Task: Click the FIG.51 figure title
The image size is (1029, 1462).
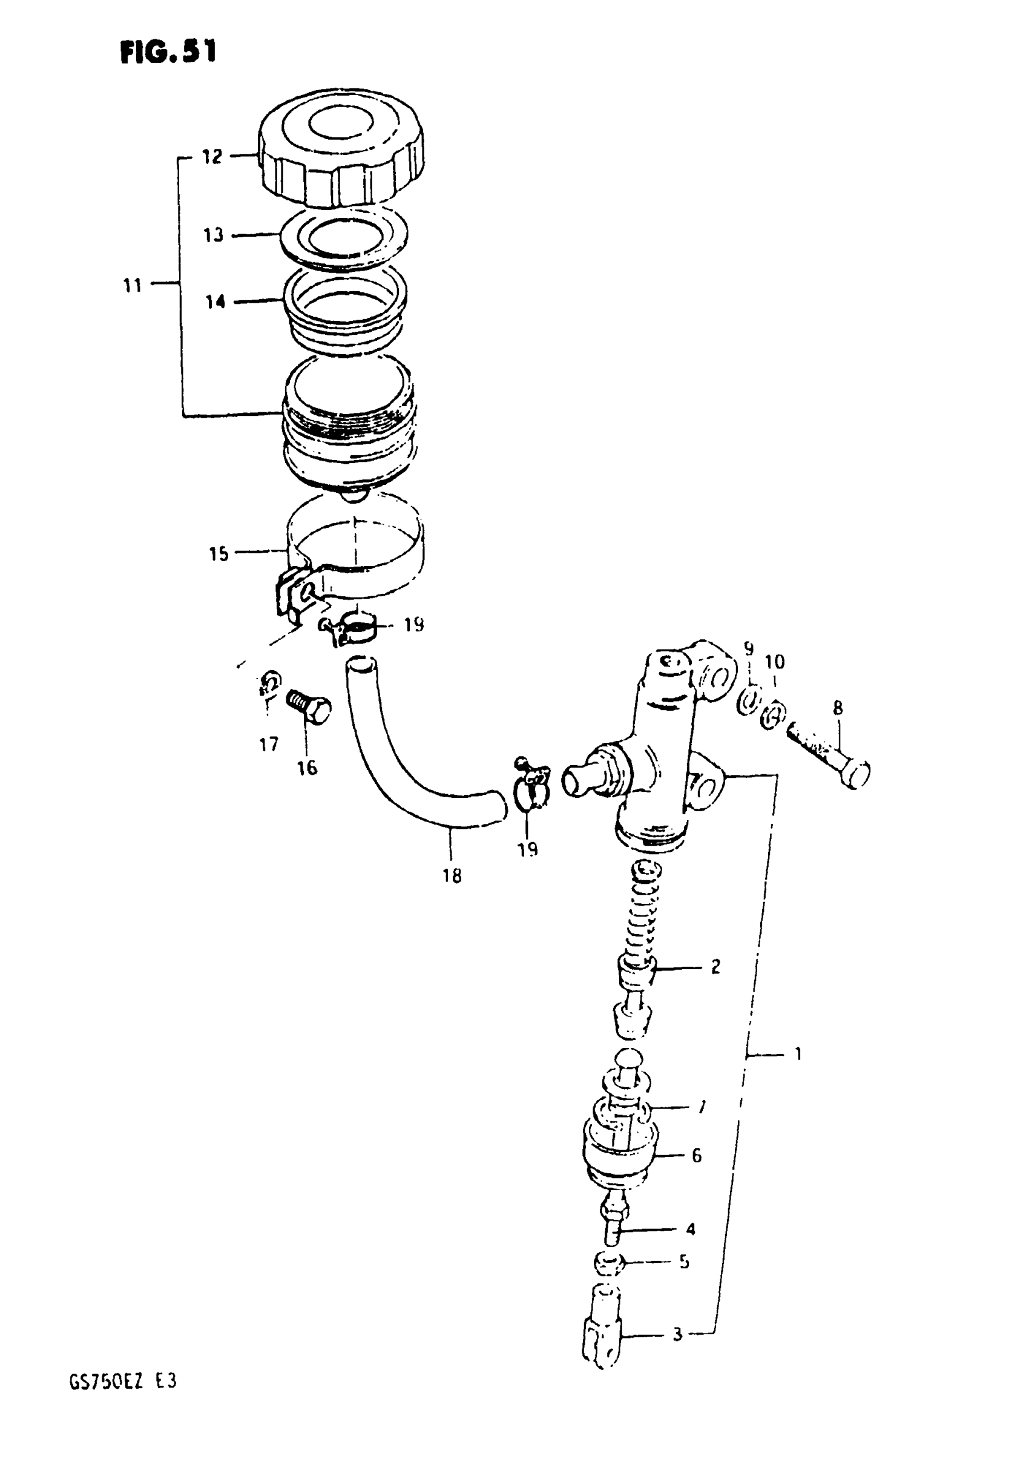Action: coord(168,52)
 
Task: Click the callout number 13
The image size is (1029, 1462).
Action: coord(213,235)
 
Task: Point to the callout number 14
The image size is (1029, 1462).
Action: coord(215,301)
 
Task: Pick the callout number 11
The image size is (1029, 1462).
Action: coord(132,285)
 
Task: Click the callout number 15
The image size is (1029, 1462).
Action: coord(219,554)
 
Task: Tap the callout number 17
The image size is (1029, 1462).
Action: coord(269,744)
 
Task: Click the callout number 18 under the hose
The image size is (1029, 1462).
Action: coord(452,876)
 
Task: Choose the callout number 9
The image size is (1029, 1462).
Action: coord(749,649)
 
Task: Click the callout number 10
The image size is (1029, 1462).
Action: coord(774,662)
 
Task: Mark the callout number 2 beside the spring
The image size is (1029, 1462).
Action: coord(715,967)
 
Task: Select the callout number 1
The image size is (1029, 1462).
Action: coord(798,1054)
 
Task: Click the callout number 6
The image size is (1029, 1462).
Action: coord(697,1155)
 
